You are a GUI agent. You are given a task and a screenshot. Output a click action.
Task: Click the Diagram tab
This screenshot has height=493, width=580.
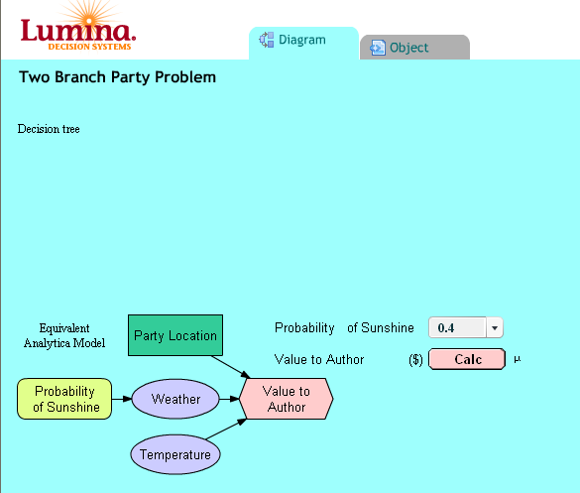[303, 43]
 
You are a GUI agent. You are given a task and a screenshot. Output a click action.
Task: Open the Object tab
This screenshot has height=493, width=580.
[414, 47]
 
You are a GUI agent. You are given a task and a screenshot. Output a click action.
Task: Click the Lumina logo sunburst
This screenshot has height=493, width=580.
[89, 15]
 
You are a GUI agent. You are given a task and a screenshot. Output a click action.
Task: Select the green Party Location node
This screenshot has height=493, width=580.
[175, 335]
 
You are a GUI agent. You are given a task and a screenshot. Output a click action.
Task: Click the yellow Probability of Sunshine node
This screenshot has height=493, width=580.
[64, 399]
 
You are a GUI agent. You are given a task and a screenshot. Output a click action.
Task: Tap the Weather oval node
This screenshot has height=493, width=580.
[175, 399]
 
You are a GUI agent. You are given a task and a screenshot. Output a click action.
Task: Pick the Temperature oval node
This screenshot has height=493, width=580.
[175, 454]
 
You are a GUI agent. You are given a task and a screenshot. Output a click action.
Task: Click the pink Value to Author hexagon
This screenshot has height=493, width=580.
[287, 399]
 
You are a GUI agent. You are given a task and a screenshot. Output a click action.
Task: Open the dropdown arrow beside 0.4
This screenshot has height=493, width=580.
[495, 327]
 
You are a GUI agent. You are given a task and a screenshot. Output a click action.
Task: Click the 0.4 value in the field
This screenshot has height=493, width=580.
[446, 328]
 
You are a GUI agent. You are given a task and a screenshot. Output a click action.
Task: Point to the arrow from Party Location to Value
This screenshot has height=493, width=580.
[231, 367]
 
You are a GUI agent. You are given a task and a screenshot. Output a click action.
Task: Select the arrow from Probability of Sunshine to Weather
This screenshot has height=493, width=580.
[122, 399]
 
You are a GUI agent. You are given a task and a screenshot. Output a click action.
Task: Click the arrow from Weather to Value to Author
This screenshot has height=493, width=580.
[229, 399]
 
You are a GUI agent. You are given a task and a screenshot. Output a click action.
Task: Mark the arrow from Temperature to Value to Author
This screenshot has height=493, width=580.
[226, 429]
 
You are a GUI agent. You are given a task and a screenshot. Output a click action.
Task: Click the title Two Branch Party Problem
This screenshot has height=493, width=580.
[118, 77]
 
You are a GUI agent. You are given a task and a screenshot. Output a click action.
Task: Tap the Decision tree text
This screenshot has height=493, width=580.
[49, 129]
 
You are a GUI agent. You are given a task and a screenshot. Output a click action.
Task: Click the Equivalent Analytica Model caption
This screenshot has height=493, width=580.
[64, 335]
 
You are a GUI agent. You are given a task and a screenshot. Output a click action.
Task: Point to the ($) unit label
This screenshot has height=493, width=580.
[415, 359]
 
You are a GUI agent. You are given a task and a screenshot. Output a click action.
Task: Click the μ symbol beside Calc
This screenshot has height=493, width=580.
[518, 359]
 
